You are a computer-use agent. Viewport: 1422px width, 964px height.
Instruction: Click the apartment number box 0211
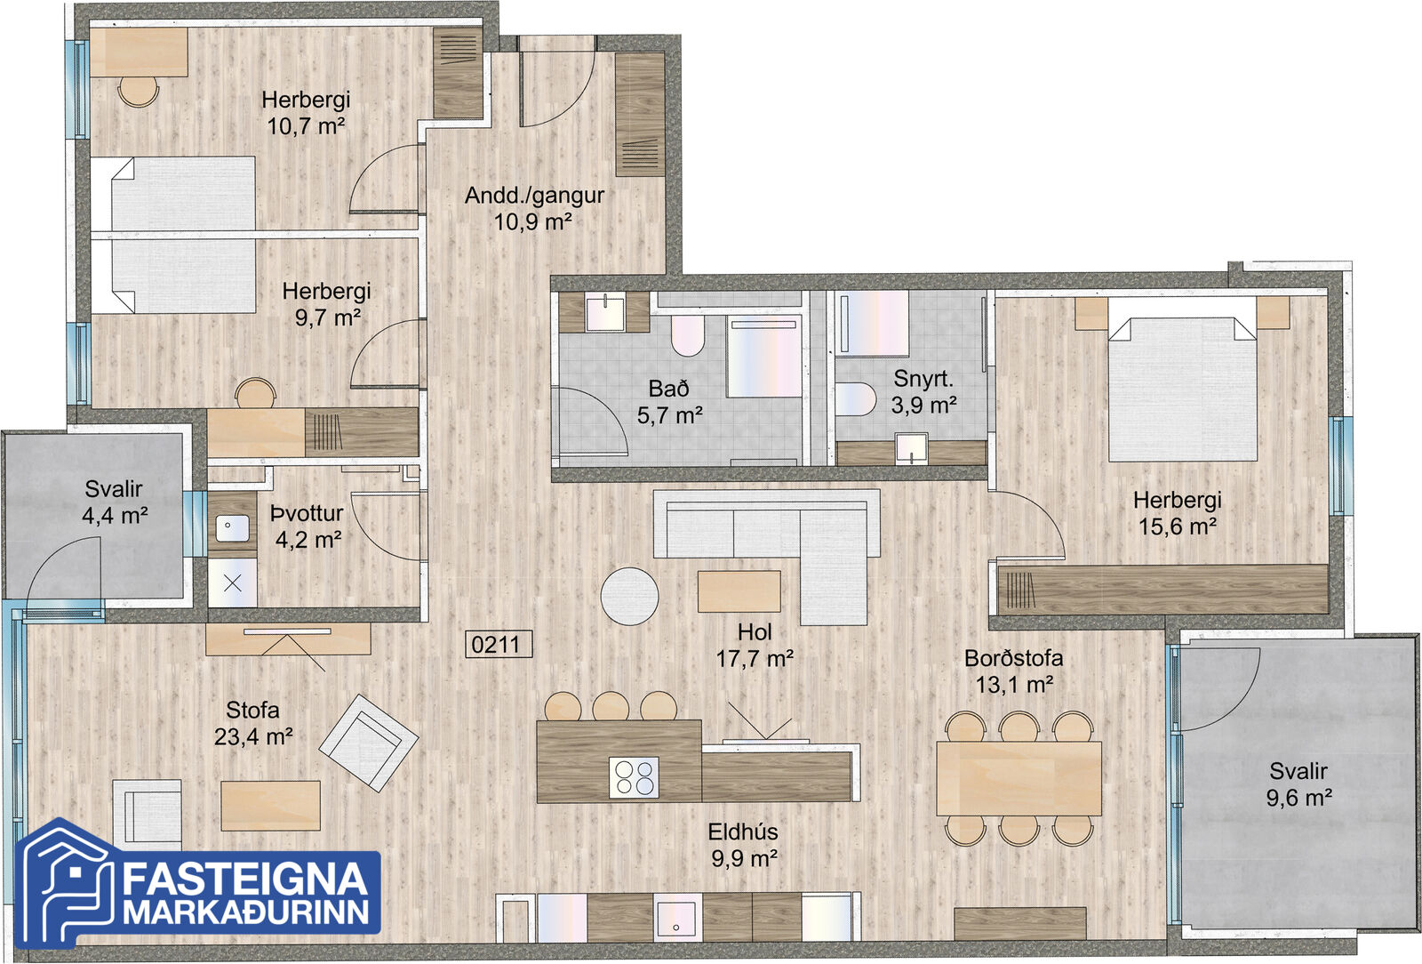(x=499, y=644)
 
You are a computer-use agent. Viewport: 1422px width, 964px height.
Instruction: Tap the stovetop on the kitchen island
(x=635, y=777)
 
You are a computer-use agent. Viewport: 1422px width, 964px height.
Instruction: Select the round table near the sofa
(x=630, y=597)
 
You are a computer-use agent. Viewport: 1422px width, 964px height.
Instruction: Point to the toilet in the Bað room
(x=688, y=335)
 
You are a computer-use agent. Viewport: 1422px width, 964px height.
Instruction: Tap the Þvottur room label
(x=307, y=513)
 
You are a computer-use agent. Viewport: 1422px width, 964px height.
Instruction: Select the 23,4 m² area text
(x=253, y=736)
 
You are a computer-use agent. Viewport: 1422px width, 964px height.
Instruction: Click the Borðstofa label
(x=1014, y=658)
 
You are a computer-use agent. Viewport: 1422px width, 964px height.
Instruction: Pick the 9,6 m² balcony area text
(x=1298, y=798)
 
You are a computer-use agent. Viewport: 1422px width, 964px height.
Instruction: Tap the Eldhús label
(x=743, y=831)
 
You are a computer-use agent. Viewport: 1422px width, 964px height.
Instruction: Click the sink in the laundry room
(x=232, y=528)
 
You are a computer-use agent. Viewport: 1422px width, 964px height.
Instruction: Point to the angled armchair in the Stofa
(x=369, y=743)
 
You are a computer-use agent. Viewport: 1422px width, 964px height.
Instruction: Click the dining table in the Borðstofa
(x=1019, y=778)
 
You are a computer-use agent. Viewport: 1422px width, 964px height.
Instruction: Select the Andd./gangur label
(x=534, y=196)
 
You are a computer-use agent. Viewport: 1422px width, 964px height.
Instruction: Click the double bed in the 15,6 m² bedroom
(x=1183, y=388)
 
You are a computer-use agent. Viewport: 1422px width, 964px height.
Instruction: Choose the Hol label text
(x=755, y=632)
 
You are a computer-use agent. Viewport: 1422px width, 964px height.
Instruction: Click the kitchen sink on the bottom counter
(x=678, y=918)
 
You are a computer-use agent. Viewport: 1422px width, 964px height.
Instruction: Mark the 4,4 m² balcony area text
(x=115, y=516)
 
